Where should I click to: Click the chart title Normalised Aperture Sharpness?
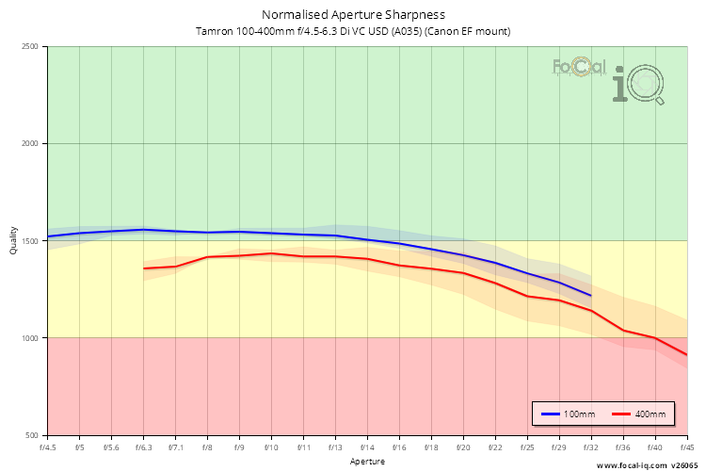point(353,15)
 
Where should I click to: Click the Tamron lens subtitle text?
point(353,31)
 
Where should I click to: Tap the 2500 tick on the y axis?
point(29,47)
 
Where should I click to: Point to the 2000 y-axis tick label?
point(29,144)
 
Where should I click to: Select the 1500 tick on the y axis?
point(29,241)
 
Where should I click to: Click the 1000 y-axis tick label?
point(29,338)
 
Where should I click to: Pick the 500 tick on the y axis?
point(32,435)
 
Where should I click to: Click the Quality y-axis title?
point(13,241)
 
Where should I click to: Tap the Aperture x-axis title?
point(367,462)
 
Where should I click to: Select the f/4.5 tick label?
point(48,447)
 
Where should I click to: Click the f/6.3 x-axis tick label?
point(144,447)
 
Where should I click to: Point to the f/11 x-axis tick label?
point(303,447)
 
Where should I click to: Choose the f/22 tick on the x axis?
point(495,447)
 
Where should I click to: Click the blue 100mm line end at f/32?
point(591,296)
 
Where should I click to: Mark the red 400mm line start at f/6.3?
point(144,268)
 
